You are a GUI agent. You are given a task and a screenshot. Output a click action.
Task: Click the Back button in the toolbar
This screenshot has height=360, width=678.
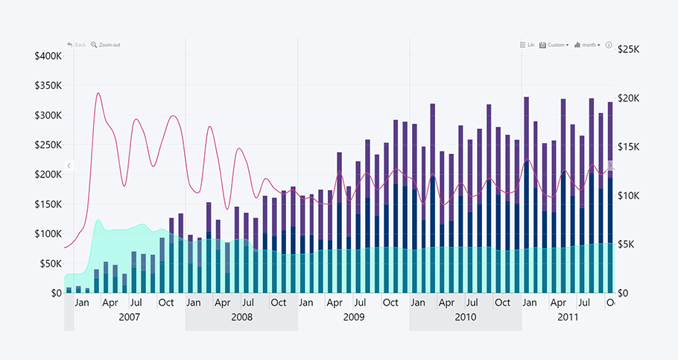tap(76, 45)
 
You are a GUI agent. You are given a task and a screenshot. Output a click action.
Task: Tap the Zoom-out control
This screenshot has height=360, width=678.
tap(105, 45)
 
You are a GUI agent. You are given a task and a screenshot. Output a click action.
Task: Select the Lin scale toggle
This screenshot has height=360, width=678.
tap(527, 45)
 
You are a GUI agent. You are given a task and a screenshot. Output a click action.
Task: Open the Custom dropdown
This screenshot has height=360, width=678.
tap(554, 45)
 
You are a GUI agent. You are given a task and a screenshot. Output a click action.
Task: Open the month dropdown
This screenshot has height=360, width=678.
tap(587, 45)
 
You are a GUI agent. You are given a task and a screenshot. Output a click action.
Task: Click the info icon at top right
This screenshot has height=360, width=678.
tap(609, 45)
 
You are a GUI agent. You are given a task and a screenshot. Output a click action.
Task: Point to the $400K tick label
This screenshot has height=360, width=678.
tap(48, 56)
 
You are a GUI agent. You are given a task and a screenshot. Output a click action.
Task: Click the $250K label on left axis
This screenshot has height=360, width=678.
tap(48, 145)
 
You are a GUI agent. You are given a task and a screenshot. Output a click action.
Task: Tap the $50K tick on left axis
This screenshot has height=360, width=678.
tap(51, 263)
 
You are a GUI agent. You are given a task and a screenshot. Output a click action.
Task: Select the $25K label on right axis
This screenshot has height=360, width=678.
tap(630, 49)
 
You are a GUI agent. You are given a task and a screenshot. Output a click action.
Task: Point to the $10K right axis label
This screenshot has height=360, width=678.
tap(630, 195)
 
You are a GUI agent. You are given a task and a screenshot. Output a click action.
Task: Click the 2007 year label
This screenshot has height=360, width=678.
tap(130, 317)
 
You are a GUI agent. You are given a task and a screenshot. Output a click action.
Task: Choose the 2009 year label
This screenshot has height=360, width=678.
tap(354, 317)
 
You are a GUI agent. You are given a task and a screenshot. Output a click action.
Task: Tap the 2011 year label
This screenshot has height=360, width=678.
tap(568, 317)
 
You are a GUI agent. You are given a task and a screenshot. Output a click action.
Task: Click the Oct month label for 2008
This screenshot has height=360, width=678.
tap(278, 303)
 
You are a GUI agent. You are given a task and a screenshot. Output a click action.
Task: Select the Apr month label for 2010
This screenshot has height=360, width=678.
tap(446, 303)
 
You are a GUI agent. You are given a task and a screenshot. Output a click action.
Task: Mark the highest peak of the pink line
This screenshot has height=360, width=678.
tap(98, 93)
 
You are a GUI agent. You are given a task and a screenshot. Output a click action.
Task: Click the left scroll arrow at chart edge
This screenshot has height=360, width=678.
tap(69, 165)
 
